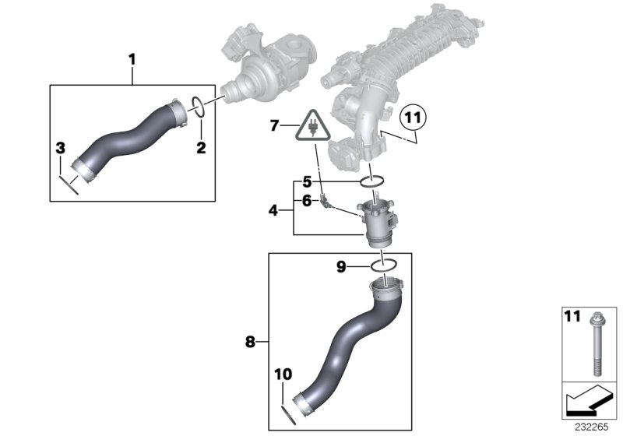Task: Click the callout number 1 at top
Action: pyautogui.click(x=132, y=58)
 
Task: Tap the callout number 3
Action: pyautogui.click(x=60, y=148)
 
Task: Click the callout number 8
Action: pyautogui.click(x=249, y=340)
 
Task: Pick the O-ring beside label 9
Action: pyautogui.click(x=385, y=266)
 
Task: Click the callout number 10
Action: pyautogui.click(x=282, y=374)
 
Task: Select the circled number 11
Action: pyautogui.click(x=414, y=119)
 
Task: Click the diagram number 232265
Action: pyautogui.click(x=596, y=427)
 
